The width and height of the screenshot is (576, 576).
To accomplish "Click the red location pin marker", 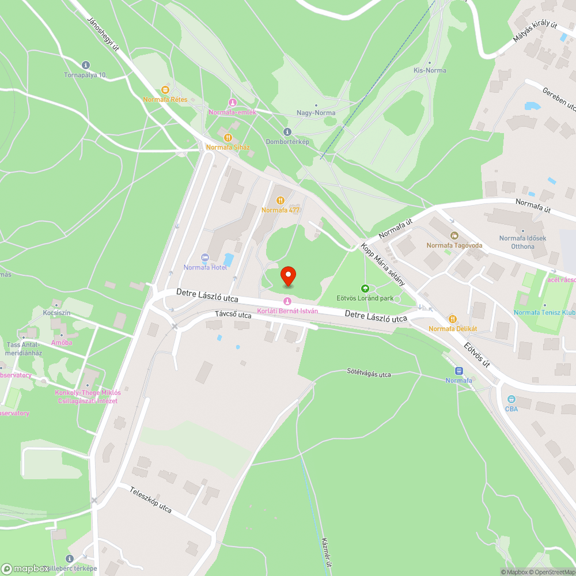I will (287, 276).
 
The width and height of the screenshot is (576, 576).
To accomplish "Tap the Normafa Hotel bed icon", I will (204, 257).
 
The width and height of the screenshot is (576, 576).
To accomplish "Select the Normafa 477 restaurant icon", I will (281, 200).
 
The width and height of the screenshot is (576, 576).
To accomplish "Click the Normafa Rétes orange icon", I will (165, 89).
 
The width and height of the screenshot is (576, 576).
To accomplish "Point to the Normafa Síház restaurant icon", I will (228, 138).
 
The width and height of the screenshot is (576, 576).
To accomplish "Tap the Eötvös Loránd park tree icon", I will (364, 289).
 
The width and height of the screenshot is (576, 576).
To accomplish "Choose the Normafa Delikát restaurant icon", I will (453, 319).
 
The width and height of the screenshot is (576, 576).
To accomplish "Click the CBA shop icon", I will (511, 399).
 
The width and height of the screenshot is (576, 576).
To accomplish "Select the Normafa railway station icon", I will (459, 371).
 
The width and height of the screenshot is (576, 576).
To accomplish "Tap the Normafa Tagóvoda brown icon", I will (454, 235).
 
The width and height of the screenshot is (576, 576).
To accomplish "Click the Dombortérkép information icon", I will (287, 132).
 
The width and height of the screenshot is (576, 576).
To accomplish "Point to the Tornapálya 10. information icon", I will (86, 65).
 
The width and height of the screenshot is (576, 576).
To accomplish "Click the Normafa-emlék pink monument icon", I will (232, 103).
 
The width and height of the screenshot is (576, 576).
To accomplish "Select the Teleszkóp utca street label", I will (151, 500).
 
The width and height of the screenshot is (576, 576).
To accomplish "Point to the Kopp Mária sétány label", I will (383, 265).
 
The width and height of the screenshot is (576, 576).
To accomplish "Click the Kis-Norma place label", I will (430, 70).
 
